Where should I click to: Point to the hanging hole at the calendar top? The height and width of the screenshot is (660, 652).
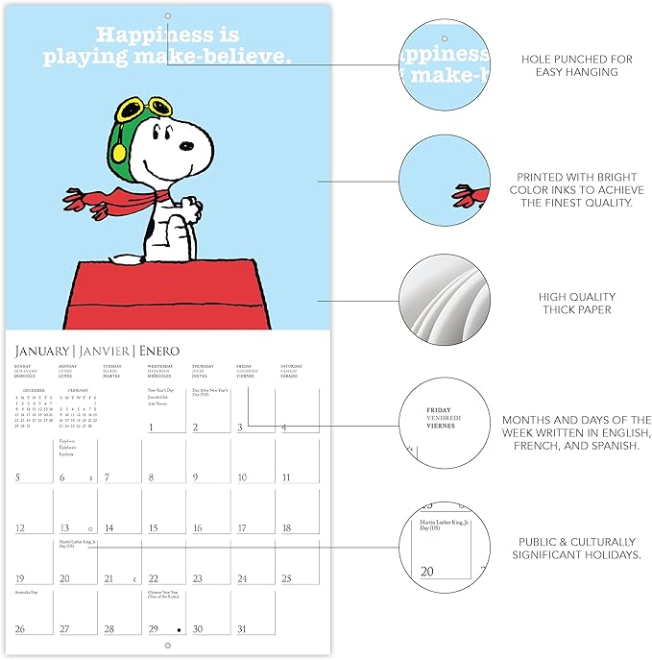coord(167,16)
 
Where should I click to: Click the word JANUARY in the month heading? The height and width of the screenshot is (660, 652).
coord(41,351)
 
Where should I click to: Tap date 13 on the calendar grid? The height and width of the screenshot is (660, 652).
coord(64,528)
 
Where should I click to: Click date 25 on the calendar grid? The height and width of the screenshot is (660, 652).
coord(286,578)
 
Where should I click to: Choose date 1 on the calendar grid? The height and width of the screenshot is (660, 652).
coord(152,427)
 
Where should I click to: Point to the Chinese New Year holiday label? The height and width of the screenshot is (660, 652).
coord(166,596)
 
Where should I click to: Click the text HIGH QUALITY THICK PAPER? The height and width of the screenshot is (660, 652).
coord(576,304)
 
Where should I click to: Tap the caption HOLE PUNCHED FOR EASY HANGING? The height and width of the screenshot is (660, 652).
coord(576,65)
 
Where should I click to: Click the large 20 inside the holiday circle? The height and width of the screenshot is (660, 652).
coord(427,572)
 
